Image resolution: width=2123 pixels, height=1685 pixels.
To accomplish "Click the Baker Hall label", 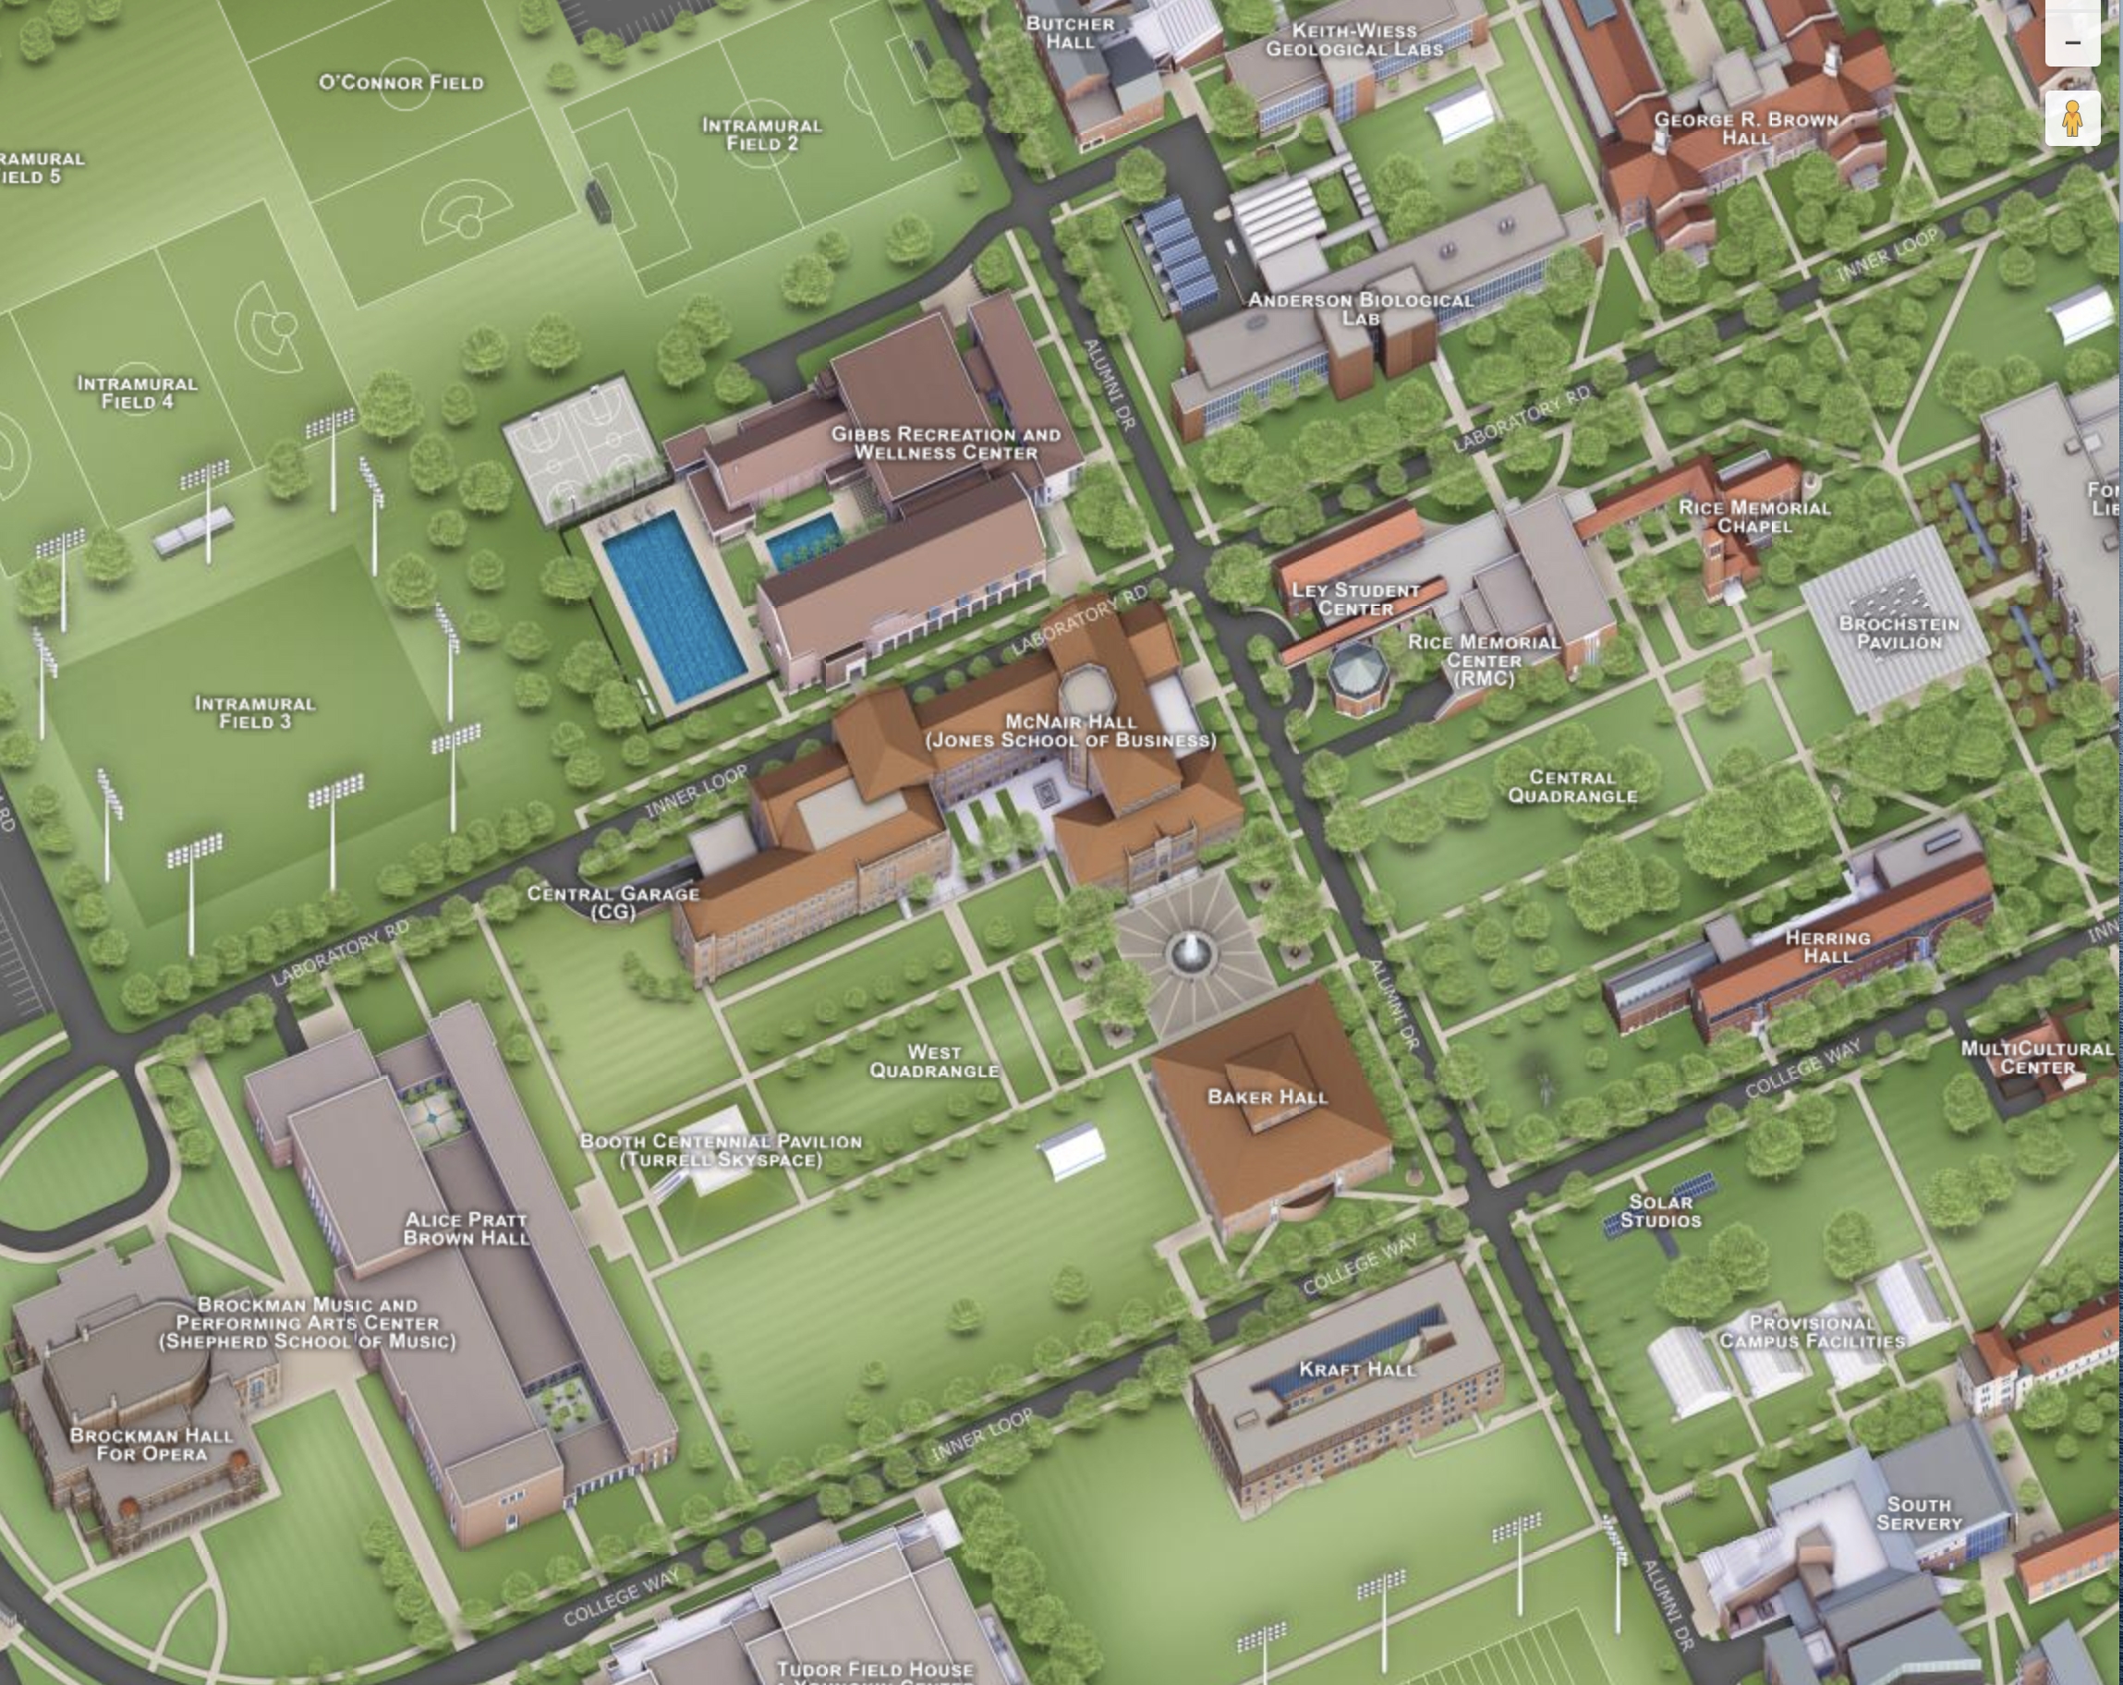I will click(x=1268, y=1097).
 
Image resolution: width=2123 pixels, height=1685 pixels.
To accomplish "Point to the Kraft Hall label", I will click(x=1357, y=1369).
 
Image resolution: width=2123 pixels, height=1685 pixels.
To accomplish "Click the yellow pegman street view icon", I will click(x=2072, y=118).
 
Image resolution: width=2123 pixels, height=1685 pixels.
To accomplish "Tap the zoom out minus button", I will click(x=2072, y=42).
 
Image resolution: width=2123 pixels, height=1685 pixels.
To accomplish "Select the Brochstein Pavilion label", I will click(x=1899, y=632).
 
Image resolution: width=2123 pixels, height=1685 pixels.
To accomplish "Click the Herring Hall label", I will click(x=1827, y=946).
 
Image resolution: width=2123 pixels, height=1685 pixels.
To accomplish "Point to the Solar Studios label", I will click(x=1660, y=1210).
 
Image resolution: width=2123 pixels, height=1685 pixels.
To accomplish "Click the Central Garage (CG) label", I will click(x=613, y=901).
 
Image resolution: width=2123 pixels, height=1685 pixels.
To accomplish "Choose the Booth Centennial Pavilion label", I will click(x=721, y=1149).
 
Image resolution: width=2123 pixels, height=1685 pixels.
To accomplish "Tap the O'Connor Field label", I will click(x=401, y=83).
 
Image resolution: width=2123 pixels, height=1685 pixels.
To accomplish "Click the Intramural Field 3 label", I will click(x=255, y=712).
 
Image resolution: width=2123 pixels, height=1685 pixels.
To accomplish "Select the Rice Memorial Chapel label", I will click(x=1753, y=516).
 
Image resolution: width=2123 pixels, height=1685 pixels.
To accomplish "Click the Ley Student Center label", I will click(x=1355, y=599).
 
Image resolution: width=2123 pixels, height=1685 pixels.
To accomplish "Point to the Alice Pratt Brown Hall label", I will click(x=466, y=1228).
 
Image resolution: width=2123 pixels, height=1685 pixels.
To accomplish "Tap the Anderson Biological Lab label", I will click(x=1360, y=309).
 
